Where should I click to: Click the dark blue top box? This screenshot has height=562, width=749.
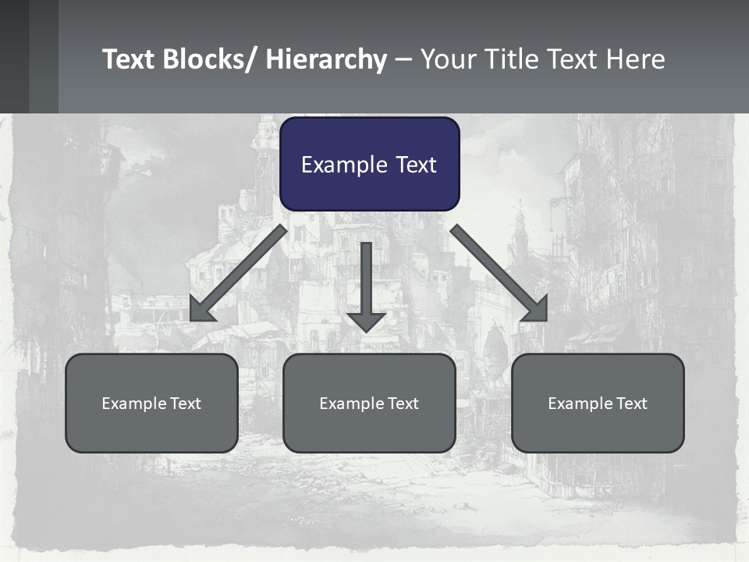369,164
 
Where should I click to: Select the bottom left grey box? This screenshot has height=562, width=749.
151,404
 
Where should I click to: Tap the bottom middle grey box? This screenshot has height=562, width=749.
369,404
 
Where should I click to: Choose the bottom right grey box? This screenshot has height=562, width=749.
598,404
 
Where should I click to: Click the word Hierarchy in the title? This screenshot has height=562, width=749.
326,59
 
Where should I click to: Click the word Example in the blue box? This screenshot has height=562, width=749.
340,165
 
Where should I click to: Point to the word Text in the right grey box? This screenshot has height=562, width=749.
630,404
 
